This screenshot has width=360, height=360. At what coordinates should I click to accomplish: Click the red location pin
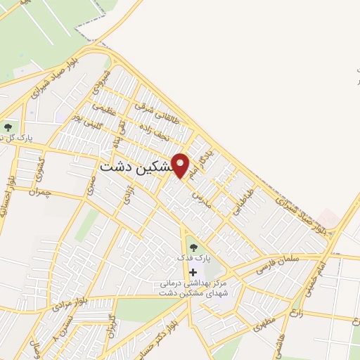(x=181, y=165)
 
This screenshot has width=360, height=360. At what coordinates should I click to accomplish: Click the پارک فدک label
(x=193, y=259)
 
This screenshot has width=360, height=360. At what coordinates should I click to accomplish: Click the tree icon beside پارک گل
(x=8, y=127)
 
